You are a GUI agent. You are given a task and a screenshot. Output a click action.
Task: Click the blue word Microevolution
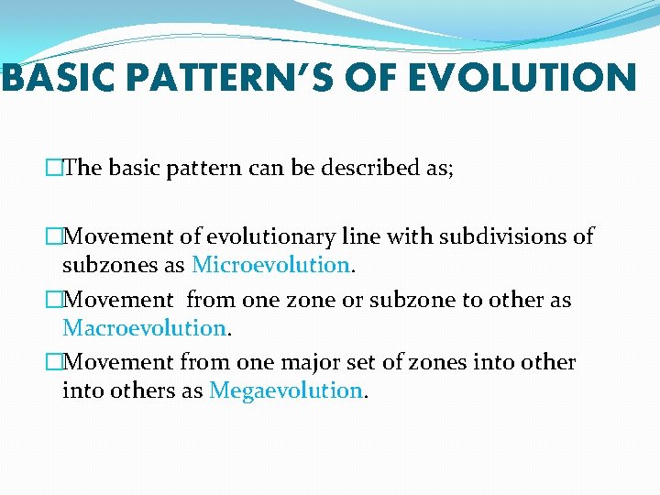(x=270, y=265)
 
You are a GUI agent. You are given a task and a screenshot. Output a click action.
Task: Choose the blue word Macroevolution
(x=144, y=327)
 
